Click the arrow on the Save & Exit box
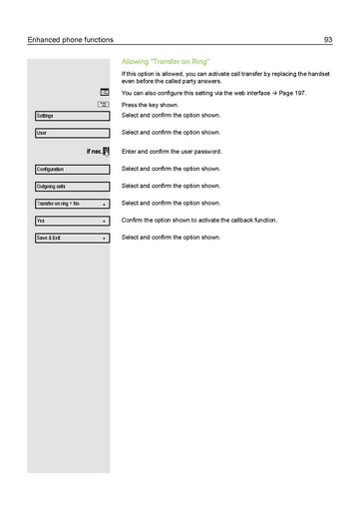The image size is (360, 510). pos(104,239)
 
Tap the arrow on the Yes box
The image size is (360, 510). pos(104,221)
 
